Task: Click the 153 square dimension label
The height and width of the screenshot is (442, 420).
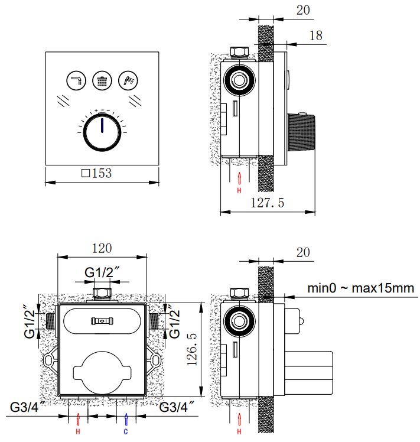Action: coord(96,174)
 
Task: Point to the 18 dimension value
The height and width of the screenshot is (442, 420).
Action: coord(316,35)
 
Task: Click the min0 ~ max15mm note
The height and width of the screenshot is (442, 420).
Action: coord(360,288)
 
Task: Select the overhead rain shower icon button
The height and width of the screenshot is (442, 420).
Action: coord(102,80)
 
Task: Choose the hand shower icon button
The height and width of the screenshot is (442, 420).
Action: coord(128,80)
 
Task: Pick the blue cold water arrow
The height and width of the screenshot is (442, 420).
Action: coord(125,419)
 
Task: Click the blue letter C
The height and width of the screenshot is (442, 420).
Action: coord(125,431)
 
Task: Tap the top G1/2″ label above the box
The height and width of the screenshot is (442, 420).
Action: coord(103,272)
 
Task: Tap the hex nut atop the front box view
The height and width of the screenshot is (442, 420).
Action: coord(103,292)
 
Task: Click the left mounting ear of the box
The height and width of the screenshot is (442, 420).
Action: coord(50,359)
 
